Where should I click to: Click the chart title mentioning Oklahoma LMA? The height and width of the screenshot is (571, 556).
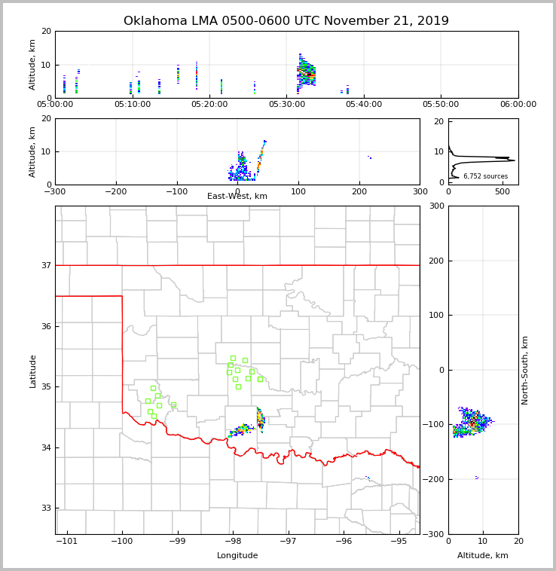(286, 21)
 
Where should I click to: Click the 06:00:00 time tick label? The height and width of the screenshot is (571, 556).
(518, 105)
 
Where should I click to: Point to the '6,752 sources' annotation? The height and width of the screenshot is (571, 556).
(485, 176)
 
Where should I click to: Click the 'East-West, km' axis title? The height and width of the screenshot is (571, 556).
(237, 197)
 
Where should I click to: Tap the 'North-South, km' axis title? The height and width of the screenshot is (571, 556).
(525, 370)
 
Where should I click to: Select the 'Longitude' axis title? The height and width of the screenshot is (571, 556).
(237, 556)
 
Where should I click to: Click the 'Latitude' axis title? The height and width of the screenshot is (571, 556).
(32, 371)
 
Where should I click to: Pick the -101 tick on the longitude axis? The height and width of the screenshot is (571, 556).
(66, 541)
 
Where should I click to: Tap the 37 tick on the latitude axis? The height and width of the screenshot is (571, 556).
(45, 265)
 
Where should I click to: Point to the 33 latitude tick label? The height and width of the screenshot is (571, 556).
(45, 508)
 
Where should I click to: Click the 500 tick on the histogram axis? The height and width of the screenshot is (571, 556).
(503, 191)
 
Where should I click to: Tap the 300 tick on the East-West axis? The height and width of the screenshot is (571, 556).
(420, 191)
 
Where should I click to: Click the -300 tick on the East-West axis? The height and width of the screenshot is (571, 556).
(55, 191)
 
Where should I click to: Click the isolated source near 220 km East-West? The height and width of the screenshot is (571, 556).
(369, 157)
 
